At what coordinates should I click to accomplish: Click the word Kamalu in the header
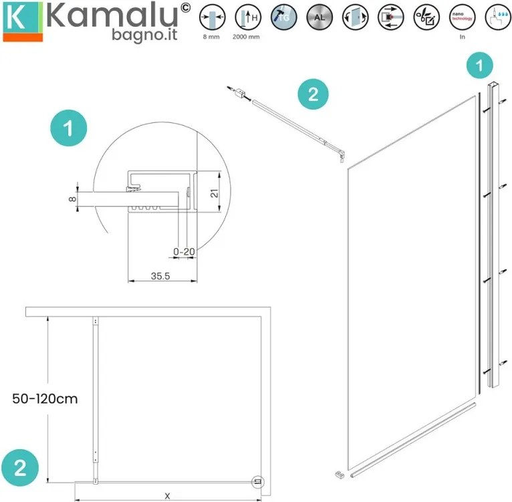point(110,15)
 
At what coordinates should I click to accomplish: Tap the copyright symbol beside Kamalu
point(185,9)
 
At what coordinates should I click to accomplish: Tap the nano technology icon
point(462,18)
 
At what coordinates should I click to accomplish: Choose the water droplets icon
point(496,18)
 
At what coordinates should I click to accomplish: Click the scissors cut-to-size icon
point(425,18)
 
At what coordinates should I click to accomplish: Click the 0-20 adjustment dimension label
point(183,252)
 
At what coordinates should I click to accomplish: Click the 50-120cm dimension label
point(45,399)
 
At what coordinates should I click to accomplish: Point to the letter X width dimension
point(167,495)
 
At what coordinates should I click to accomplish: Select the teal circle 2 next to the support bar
point(312,94)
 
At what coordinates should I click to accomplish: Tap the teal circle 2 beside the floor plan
point(21,467)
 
